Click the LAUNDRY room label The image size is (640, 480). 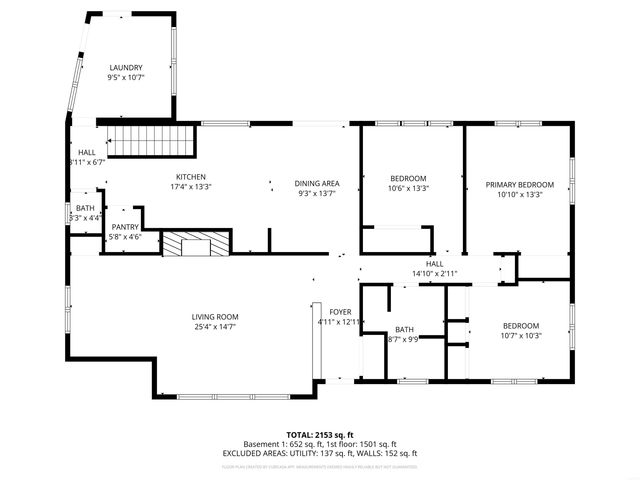(126, 67)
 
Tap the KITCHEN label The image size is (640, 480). (191, 176)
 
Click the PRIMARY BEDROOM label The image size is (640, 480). (519, 185)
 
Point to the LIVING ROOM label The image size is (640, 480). (215, 317)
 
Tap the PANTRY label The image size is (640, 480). (125, 227)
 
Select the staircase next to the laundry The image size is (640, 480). (149, 141)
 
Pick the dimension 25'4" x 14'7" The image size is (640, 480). (215, 327)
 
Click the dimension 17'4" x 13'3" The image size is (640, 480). (191, 186)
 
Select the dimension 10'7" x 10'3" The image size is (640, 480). (520, 336)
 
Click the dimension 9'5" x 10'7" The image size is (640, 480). (126, 77)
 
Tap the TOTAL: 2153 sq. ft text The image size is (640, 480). (320, 435)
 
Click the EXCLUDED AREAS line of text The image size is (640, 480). (320, 453)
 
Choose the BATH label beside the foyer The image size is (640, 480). (404, 329)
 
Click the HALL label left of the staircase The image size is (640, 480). (87, 152)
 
